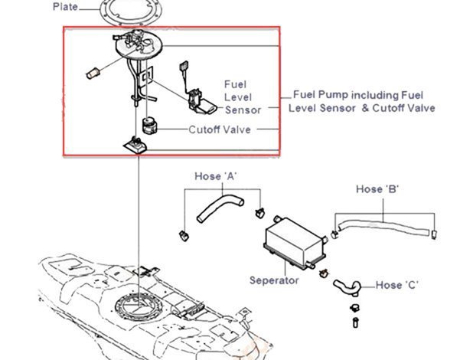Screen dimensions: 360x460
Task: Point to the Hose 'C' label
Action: pos(396,285)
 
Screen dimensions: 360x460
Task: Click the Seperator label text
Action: pos(274,280)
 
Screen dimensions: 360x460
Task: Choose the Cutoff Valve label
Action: pos(221,129)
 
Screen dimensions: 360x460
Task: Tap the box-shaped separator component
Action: pos(292,241)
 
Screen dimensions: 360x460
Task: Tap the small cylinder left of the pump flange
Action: pos(93,74)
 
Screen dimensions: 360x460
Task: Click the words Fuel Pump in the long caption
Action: pos(318,97)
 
